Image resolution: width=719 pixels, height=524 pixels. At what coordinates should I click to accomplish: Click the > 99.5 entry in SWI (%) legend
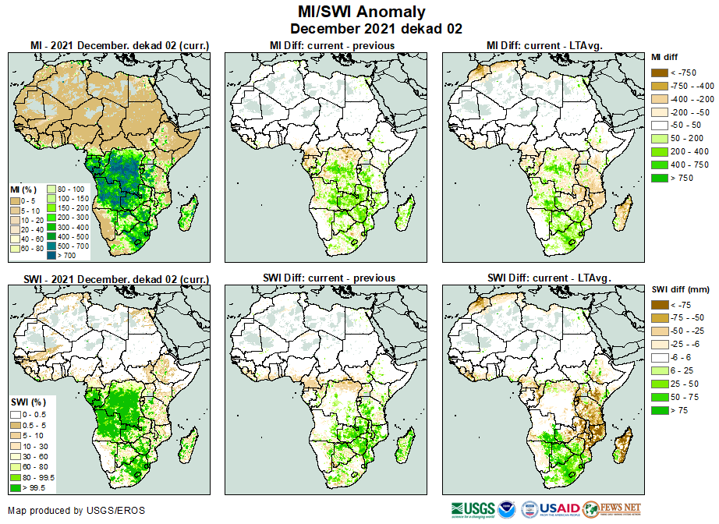(27, 488)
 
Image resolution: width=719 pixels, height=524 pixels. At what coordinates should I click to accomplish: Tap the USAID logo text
(559, 508)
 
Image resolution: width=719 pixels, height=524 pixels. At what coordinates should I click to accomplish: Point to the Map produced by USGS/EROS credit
(76, 512)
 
